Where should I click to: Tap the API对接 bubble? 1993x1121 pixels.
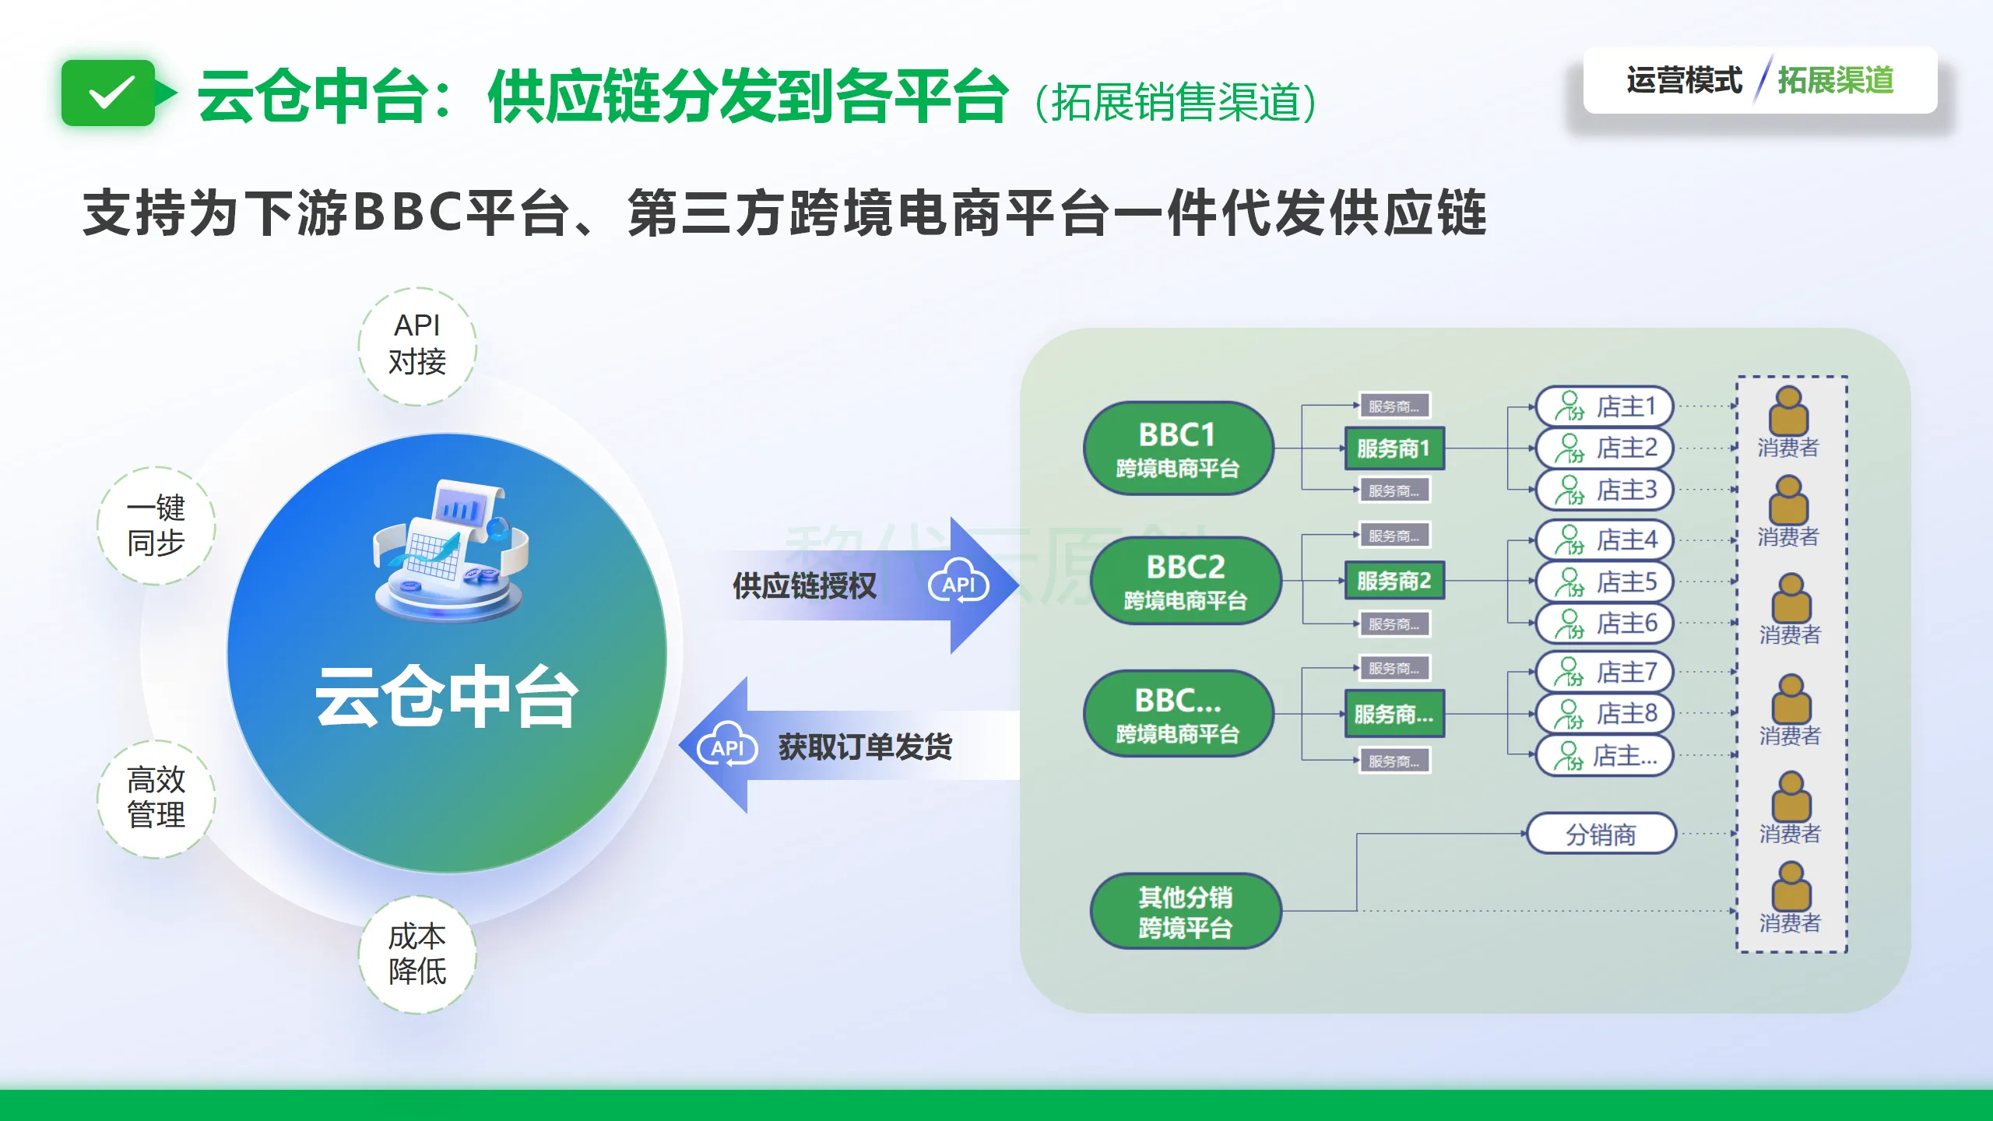pyautogui.click(x=417, y=346)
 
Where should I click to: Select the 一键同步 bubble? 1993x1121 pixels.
pyautogui.click(x=156, y=525)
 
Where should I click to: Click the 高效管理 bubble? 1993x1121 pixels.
pyautogui.click(x=156, y=798)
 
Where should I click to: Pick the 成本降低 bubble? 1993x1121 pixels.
pyautogui.click(x=417, y=954)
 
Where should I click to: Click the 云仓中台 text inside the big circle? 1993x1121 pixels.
pyautogui.click(x=447, y=698)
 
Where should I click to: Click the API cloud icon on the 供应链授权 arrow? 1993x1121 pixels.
pyautogui.click(x=958, y=585)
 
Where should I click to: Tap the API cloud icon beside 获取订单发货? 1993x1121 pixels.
pyautogui.click(x=727, y=747)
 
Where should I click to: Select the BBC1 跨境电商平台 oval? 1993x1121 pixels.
pyautogui.click(x=1177, y=449)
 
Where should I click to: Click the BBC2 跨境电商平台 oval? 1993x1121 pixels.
pyautogui.click(x=1185, y=582)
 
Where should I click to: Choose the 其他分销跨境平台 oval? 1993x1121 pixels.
pyautogui.click(x=1185, y=912)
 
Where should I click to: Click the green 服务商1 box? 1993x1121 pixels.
pyautogui.click(x=1394, y=448)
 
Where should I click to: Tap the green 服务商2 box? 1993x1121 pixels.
pyautogui.click(x=1394, y=581)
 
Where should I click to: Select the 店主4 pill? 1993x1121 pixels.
pyautogui.click(x=1605, y=539)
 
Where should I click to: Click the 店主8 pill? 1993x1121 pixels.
pyautogui.click(x=1605, y=713)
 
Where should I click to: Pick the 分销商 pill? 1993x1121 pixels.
pyautogui.click(x=1601, y=835)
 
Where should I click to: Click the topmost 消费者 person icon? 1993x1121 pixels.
pyautogui.click(x=1788, y=411)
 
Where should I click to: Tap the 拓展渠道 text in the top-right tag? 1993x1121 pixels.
pyautogui.click(x=1836, y=81)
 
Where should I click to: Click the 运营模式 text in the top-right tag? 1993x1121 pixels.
pyautogui.click(x=1684, y=81)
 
